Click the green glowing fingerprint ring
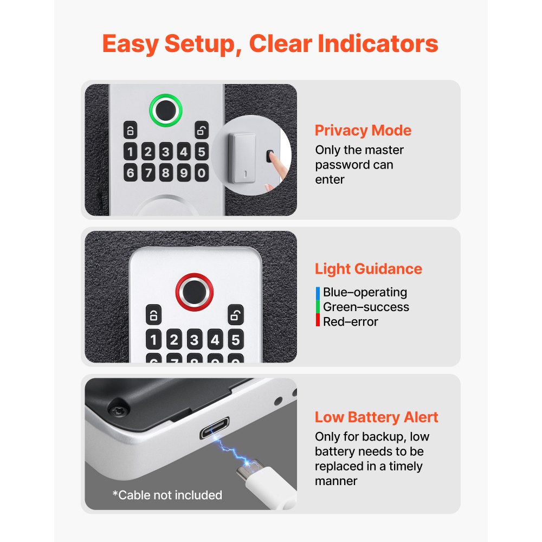(166, 110)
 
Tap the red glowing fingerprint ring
(194, 290)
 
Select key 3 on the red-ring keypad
(195, 340)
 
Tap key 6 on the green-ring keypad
(130, 173)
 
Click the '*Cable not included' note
(167, 495)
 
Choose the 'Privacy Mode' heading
(363, 131)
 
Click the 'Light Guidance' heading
(368, 269)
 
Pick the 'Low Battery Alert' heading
(376, 417)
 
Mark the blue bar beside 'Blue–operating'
(318, 293)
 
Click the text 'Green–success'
(366, 307)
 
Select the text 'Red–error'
(350, 321)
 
